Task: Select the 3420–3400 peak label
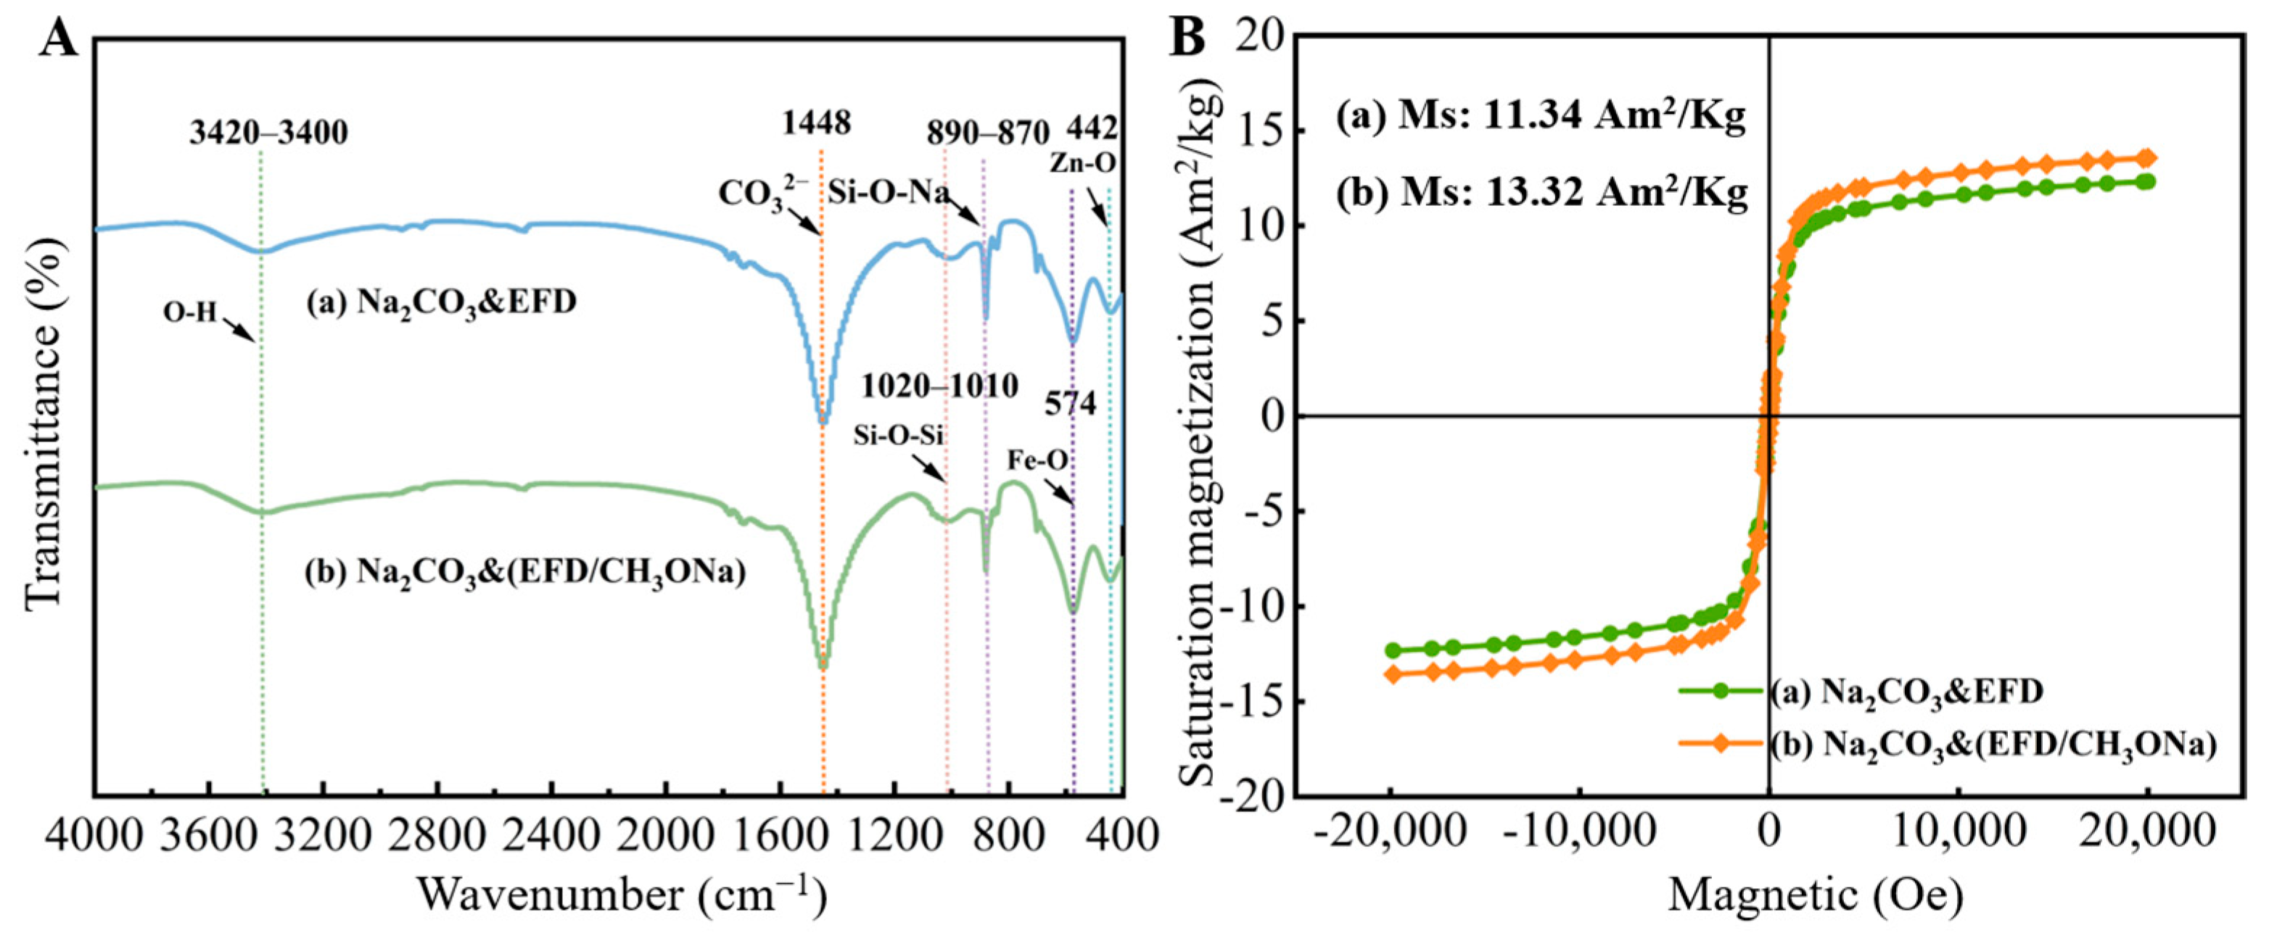pos(268,133)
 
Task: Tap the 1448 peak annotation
pos(817,123)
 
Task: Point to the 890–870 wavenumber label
pos(987,134)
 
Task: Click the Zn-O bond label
pos(1082,163)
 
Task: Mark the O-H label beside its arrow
pos(189,312)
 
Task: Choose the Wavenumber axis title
pos(622,896)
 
